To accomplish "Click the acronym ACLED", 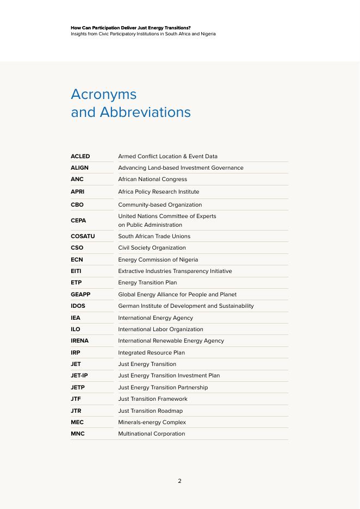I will tap(80, 156).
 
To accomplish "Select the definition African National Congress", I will tap(152, 179).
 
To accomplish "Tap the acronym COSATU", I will tap(83, 237).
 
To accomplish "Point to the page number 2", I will tap(179, 481).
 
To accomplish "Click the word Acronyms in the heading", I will tap(103, 94).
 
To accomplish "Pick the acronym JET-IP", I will tap(79, 376).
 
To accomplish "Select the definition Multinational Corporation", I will tap(151, 434).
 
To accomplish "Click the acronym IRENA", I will tap(79, 341).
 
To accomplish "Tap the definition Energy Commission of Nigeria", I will tap(158, 260).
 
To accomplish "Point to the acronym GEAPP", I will tap(80, 295).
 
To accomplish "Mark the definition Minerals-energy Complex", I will tap(152, 423).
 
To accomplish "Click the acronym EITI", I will tap(76, 271).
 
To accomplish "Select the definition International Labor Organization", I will tap(160, 330).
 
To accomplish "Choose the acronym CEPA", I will tap(78, 221).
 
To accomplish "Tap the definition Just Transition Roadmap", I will tap(150, 411).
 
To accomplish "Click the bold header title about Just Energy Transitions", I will tap(131, 28).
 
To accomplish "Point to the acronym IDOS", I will tap(78, 306).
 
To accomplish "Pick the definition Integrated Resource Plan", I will tap(151, 353).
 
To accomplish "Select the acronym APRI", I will tap(77, 192).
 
